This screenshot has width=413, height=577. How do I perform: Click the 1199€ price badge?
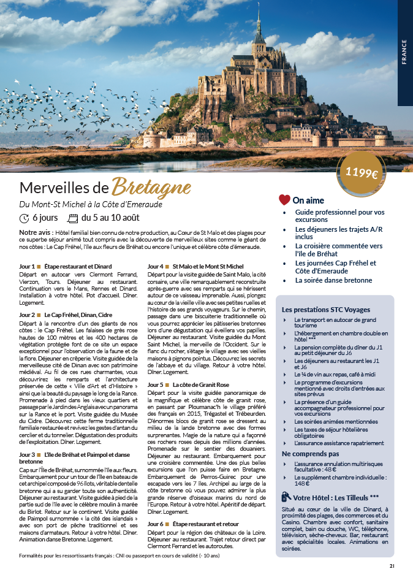(362, 172)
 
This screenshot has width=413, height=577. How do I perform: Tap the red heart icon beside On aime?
(284, 200)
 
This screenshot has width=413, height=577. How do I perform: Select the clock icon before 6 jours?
(25, 218)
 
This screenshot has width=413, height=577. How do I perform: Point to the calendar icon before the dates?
(72, 218)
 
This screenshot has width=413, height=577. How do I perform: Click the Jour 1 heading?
(66, 267)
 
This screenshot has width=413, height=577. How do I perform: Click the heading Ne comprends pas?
(310, 453)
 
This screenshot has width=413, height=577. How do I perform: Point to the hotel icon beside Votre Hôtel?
(286, 497)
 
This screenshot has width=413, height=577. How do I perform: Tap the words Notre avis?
(36, 233)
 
